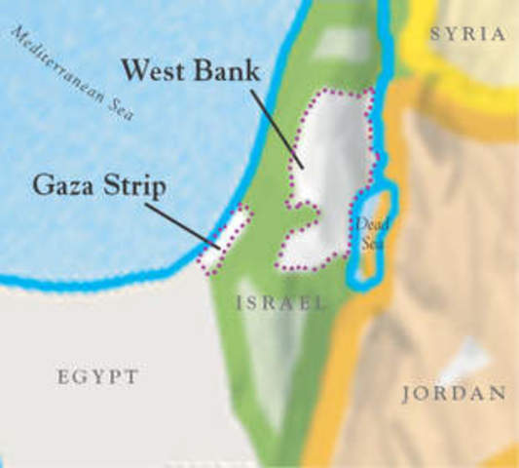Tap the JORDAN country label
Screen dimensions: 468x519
pos(454,395)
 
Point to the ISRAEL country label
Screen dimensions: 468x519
pos(280,304)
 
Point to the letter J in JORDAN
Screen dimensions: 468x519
pos(407,395)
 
